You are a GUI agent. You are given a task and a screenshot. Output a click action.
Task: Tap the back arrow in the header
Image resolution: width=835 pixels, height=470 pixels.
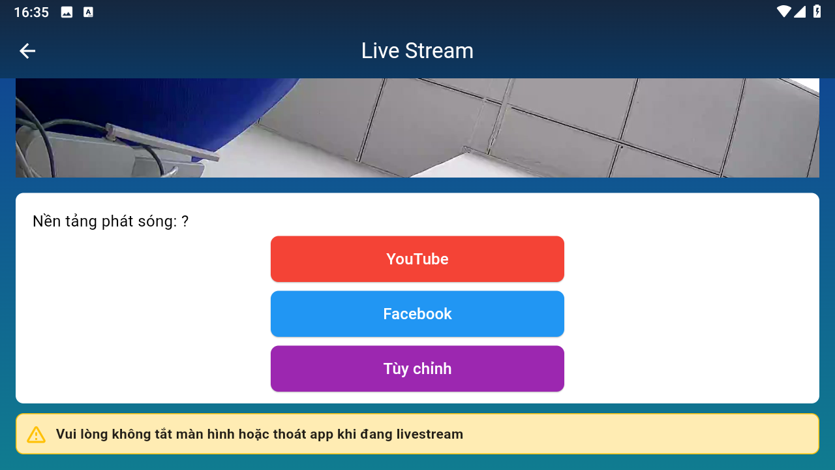27,51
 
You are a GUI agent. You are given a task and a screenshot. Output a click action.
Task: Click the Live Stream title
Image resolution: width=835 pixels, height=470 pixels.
417,51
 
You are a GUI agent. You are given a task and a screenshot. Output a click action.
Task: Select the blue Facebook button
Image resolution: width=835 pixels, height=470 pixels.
417,314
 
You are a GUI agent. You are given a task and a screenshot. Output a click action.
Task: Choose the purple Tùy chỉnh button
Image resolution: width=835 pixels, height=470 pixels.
417,369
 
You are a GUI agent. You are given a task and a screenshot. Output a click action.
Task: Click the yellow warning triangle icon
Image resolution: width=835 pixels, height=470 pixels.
36,435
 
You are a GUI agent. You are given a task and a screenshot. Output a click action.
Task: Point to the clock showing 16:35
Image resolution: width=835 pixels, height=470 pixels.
31,12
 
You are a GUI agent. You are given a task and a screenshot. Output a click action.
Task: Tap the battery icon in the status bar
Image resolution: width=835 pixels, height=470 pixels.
817,12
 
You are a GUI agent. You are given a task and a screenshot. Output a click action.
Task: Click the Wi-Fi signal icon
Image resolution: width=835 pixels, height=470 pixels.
784,12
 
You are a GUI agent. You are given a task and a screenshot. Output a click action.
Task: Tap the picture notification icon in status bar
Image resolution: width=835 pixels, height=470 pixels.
67,12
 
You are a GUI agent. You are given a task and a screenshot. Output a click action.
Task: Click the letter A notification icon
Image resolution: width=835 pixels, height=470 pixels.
88,12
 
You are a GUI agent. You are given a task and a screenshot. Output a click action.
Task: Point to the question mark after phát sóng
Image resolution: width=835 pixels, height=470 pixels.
185,221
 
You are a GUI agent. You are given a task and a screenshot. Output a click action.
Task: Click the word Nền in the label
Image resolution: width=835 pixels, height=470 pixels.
46,221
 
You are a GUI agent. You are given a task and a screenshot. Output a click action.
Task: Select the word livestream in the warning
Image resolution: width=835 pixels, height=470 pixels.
430,434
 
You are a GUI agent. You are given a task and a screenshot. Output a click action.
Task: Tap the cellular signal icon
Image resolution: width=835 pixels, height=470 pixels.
800,12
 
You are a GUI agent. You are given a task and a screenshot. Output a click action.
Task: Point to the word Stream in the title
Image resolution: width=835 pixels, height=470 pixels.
439,51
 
